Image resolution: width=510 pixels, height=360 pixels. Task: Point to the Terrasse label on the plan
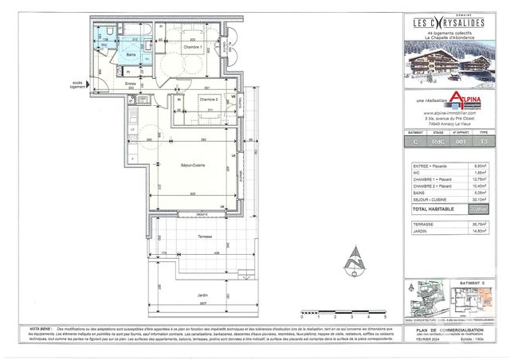tap(185, 238)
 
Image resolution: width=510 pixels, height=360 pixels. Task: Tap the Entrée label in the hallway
tap(131, 83)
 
